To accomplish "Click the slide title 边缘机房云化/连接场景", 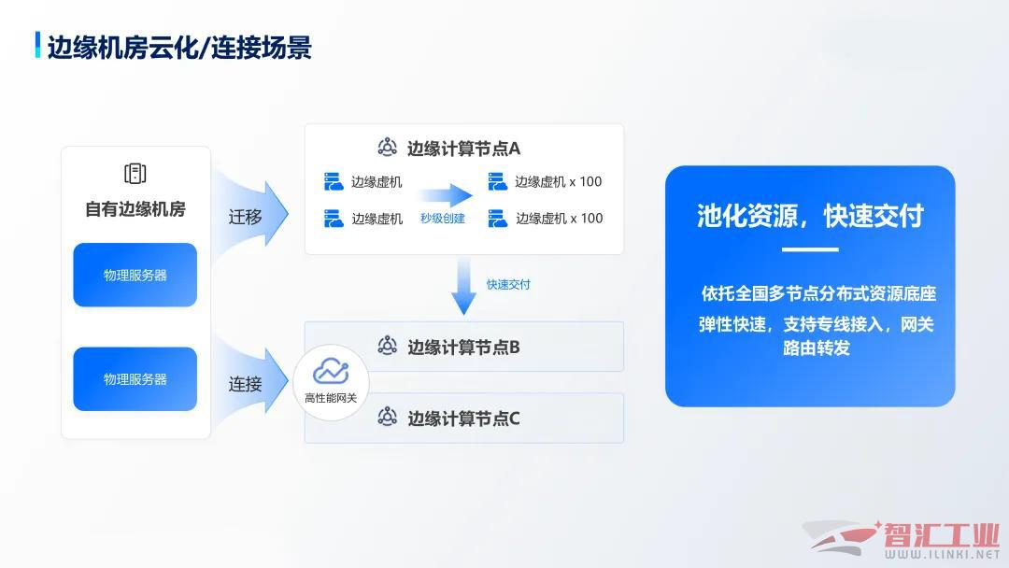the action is click(179, 47).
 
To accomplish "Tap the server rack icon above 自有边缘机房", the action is click(135, 173).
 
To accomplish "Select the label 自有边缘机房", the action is click(135, 209).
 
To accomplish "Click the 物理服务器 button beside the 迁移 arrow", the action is click(135, 275).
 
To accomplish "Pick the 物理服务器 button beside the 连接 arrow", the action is click(135, 379).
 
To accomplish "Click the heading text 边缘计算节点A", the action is click(463, 149).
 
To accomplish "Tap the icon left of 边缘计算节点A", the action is click(387, 148).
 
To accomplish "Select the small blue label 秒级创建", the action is click(443, 219).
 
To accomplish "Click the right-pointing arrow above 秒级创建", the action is click(446, 195).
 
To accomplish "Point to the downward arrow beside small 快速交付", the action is click(463, 286).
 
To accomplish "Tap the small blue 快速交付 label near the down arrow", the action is click(508, 284).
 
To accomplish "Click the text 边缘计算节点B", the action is click(463, 348).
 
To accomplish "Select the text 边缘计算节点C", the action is click(463, 419).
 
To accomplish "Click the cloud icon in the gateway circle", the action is click(331, 372).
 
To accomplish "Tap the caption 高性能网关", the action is click(331, 398).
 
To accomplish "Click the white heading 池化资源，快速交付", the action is click(810, 216).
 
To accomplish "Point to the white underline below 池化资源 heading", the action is click(810, 249).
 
